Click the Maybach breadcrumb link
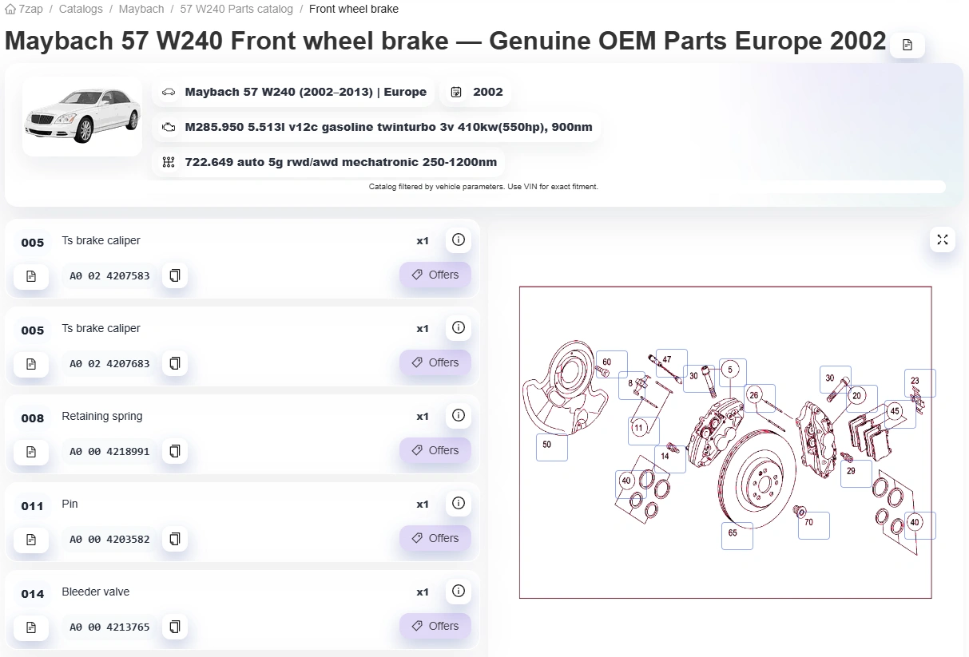coord(141,9)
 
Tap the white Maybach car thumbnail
coord(82,116)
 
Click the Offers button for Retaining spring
coord(435,450)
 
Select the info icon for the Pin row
coord(458,503)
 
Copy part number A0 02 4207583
coord(175,275)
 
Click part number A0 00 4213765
coord(109,627)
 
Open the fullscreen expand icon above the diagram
coord(942,239)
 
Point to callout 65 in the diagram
coord(733,533)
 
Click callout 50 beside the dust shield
coord(547,445)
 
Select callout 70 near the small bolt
coord(809,523)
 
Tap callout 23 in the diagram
coord(915,381)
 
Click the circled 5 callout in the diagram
coord(730,370)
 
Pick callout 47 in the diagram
coord(667,359)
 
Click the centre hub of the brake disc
coord(764,483)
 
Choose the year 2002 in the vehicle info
coord(487,92)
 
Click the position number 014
coord(33,594)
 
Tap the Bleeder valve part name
coord(96,592)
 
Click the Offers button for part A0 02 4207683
coord(435,362)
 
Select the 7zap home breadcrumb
coord(24,9)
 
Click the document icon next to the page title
coord(907,45)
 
